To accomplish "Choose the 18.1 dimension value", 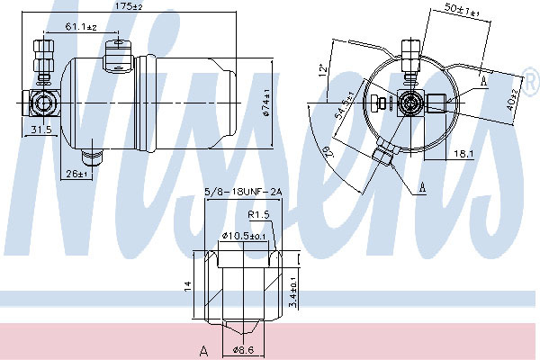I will pos(463,154).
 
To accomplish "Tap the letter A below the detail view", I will pos(203,350).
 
